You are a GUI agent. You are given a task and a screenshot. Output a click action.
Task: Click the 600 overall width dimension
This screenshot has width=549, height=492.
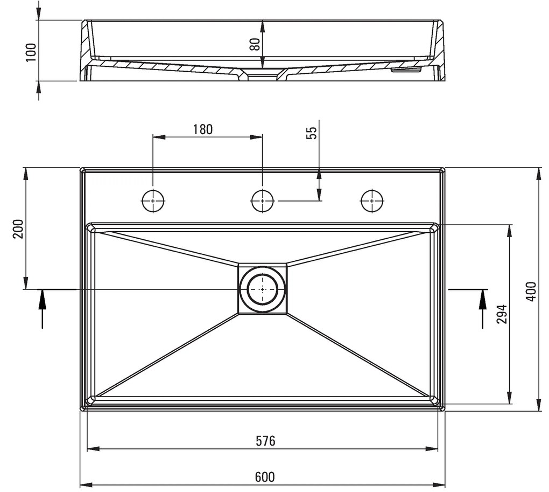point(265,477)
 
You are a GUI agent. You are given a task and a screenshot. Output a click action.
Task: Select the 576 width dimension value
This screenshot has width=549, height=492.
point(265,441)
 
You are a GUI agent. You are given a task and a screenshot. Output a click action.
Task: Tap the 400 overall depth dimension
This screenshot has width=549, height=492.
point(531,291)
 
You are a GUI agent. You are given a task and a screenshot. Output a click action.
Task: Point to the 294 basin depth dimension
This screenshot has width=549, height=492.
point(502,314)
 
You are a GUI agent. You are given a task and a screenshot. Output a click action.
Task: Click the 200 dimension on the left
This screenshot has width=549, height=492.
point(18,229)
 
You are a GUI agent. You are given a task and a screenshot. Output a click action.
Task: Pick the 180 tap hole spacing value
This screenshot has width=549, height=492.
point(202,129)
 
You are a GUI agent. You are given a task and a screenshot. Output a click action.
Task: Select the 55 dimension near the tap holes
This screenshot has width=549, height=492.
point(312,133)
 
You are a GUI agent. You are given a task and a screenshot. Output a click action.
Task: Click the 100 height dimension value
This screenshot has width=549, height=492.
point(31,52)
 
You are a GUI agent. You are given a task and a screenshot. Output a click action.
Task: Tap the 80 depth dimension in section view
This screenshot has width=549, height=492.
point(255,43)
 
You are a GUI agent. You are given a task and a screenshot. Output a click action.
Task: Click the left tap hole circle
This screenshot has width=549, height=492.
point(153,200)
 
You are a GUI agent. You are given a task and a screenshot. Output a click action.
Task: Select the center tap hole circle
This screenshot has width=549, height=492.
point(263,200)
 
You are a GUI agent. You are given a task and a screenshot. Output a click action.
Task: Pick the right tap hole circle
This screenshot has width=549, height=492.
point(371,200)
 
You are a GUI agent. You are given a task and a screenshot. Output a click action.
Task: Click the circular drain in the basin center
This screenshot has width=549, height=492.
point(262,289)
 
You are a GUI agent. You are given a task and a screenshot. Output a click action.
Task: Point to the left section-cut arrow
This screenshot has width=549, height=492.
point(42,307)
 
